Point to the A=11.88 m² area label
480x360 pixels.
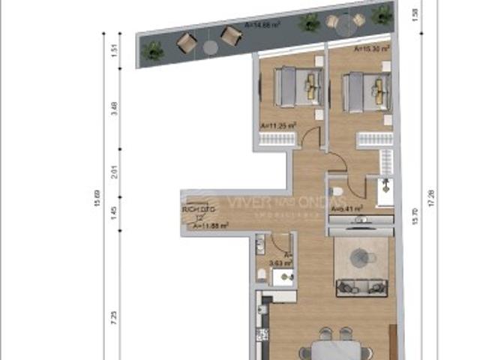[211, 224]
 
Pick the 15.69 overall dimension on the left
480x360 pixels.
[95, 201]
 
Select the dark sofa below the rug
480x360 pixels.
[361, 286]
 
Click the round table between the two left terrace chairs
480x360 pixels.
[210, 46]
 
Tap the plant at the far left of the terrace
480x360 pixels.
[154, 50]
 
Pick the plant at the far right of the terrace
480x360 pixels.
[382, 13]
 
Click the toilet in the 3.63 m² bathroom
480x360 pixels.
[260, 275]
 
